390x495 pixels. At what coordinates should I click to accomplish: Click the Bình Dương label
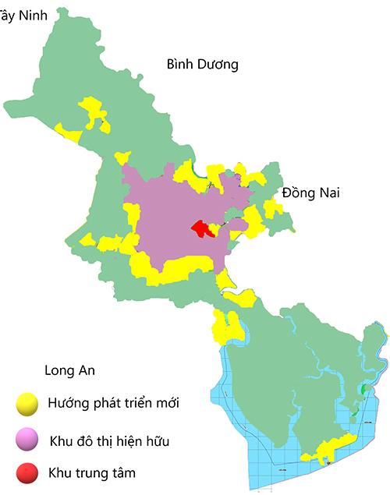click(x=202, y=65)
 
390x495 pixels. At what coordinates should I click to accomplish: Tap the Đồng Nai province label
click(x=311, y=193)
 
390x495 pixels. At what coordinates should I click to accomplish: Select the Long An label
click(x=70, y=370)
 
